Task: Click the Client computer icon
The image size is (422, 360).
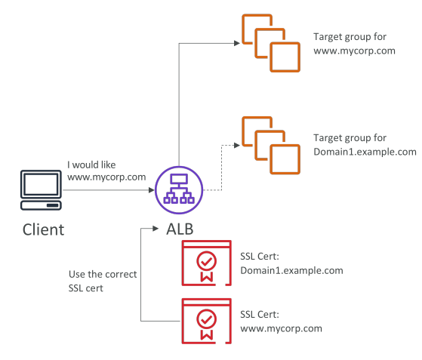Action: (x=41, y=190)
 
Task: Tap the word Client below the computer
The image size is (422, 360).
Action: (x=43, y=229)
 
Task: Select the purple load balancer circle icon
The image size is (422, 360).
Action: (x=179, y=190)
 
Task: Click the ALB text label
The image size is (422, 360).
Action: (x=180, y=229)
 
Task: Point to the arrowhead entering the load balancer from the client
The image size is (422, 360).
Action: (x=152, y=190)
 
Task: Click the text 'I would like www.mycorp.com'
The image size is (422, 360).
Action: (x=106, y=171)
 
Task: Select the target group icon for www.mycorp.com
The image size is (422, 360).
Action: (x=271, y=43)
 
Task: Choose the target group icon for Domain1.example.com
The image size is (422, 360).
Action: (x=271, y=146)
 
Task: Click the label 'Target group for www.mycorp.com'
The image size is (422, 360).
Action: (x=354, y=44)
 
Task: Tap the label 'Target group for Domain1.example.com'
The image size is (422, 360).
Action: (x=365, y=145)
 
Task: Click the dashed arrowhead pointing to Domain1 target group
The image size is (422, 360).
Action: (x=237, y=146)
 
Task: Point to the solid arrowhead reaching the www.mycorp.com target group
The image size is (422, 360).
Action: (x=237, y=43)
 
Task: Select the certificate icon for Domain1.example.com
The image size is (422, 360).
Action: (x=207, y=263)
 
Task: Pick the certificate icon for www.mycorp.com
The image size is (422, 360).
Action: (x=207, y=321)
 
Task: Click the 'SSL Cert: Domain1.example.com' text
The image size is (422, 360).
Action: (x=291, y=263)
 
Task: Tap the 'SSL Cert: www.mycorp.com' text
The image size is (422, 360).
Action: (x=282, y=322)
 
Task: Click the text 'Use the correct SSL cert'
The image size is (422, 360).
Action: (x=103, y=282)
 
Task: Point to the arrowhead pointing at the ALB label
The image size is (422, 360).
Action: (x=156, y=229)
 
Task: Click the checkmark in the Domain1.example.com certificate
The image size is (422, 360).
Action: (x=206, y=261)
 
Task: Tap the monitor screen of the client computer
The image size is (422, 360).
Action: (x=41, y=184)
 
